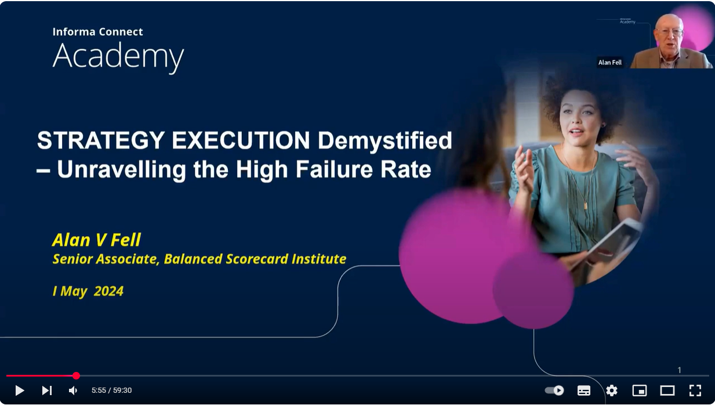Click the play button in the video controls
(x=20, y=390)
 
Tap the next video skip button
(x=47, y=390)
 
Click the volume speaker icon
(x=73, y=390)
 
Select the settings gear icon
(x=612, y=390)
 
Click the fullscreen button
(x=695, y=390)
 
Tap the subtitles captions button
(x=584, y=390)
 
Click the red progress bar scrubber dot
(x=76, y=375)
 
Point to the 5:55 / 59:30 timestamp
(x=112, y=390)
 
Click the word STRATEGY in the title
(x=101, y=140)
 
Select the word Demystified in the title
(x=384, y=141)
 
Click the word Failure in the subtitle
(x=334, y=169)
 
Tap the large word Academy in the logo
(x=118, y=57)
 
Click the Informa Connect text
(x=97, y=31)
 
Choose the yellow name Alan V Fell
(x=96, y=240)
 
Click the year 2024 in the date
(x=108, y=291)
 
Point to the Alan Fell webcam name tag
(x=609, y=63)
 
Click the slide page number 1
(x=679, y=370)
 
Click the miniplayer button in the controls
(x=640, y=390)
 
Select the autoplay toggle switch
(x=554, y=390)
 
